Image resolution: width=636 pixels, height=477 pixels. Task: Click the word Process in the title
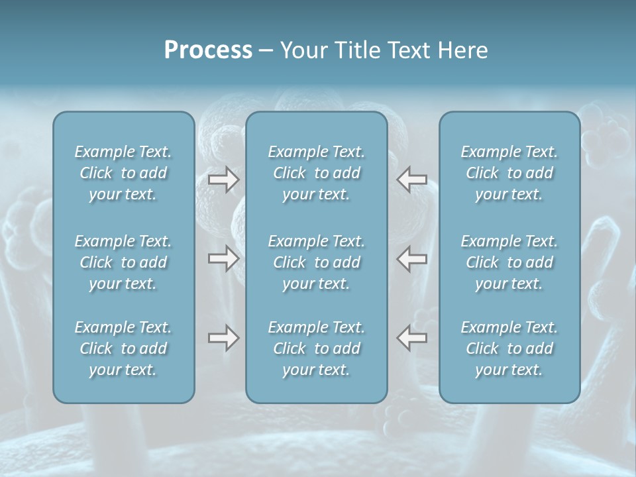click(x=208, y=50)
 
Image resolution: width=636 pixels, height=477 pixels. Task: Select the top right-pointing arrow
click(x=223, y=180)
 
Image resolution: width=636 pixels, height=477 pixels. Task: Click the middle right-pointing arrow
click(x=223, y=258)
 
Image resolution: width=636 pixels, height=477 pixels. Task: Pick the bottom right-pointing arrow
click(x=223, y=338)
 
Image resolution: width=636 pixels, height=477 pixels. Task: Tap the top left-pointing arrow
click(x=412, y=180)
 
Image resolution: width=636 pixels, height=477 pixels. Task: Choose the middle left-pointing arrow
click(x=412, y=258)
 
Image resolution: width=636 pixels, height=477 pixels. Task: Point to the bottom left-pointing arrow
click(x=412, y=338)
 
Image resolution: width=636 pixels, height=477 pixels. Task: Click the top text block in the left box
click(x=123, y=173)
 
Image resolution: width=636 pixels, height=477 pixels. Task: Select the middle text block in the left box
click(x=123, y=262)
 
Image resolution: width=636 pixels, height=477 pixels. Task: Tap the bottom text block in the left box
click(x=123, y=348)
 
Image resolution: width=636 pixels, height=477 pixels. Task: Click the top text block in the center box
click(x=317, y=173)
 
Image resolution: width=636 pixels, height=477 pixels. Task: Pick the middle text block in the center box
click(x=317, y=262)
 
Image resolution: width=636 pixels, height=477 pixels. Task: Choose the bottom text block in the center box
click(x=317, y=348)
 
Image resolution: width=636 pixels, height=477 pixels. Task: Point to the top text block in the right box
click(x=509, y=173)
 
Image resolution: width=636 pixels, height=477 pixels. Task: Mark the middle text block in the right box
click(x=509, y=262)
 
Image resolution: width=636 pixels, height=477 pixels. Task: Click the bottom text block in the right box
click(x=509, y=348)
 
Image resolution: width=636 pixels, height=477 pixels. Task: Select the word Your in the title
click(x=301, y=50)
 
